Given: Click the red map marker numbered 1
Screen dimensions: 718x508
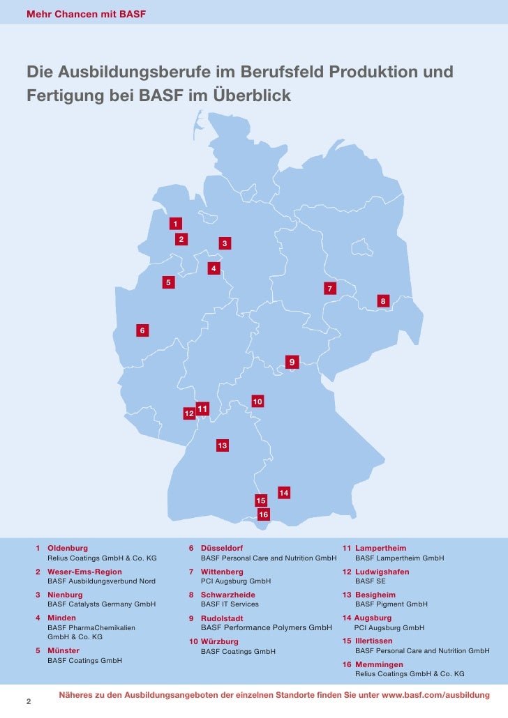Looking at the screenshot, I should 176,224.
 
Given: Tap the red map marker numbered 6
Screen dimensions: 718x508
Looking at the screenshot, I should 142,330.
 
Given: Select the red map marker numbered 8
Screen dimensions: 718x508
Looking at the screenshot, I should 382,300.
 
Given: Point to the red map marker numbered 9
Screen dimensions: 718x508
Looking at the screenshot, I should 291,362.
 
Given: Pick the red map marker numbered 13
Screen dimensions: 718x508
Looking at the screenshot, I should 222,445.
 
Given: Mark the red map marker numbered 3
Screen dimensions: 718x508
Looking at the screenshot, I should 225,243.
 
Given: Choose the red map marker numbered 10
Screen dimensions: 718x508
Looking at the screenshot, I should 257,402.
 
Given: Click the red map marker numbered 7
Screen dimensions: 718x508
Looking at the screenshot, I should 329,289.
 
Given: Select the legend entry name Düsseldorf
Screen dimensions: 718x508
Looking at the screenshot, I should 221,549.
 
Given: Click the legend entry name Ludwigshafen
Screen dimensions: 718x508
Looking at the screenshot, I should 382,572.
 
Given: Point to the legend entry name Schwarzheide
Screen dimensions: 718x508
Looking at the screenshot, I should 227,595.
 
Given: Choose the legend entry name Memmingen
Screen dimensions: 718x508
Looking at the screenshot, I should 379,664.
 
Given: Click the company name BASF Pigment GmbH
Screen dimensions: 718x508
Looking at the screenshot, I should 391,604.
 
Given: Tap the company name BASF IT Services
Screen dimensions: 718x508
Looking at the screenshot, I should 230,604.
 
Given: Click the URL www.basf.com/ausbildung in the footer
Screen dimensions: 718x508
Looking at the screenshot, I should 436,696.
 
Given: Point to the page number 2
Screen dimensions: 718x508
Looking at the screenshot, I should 29,701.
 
